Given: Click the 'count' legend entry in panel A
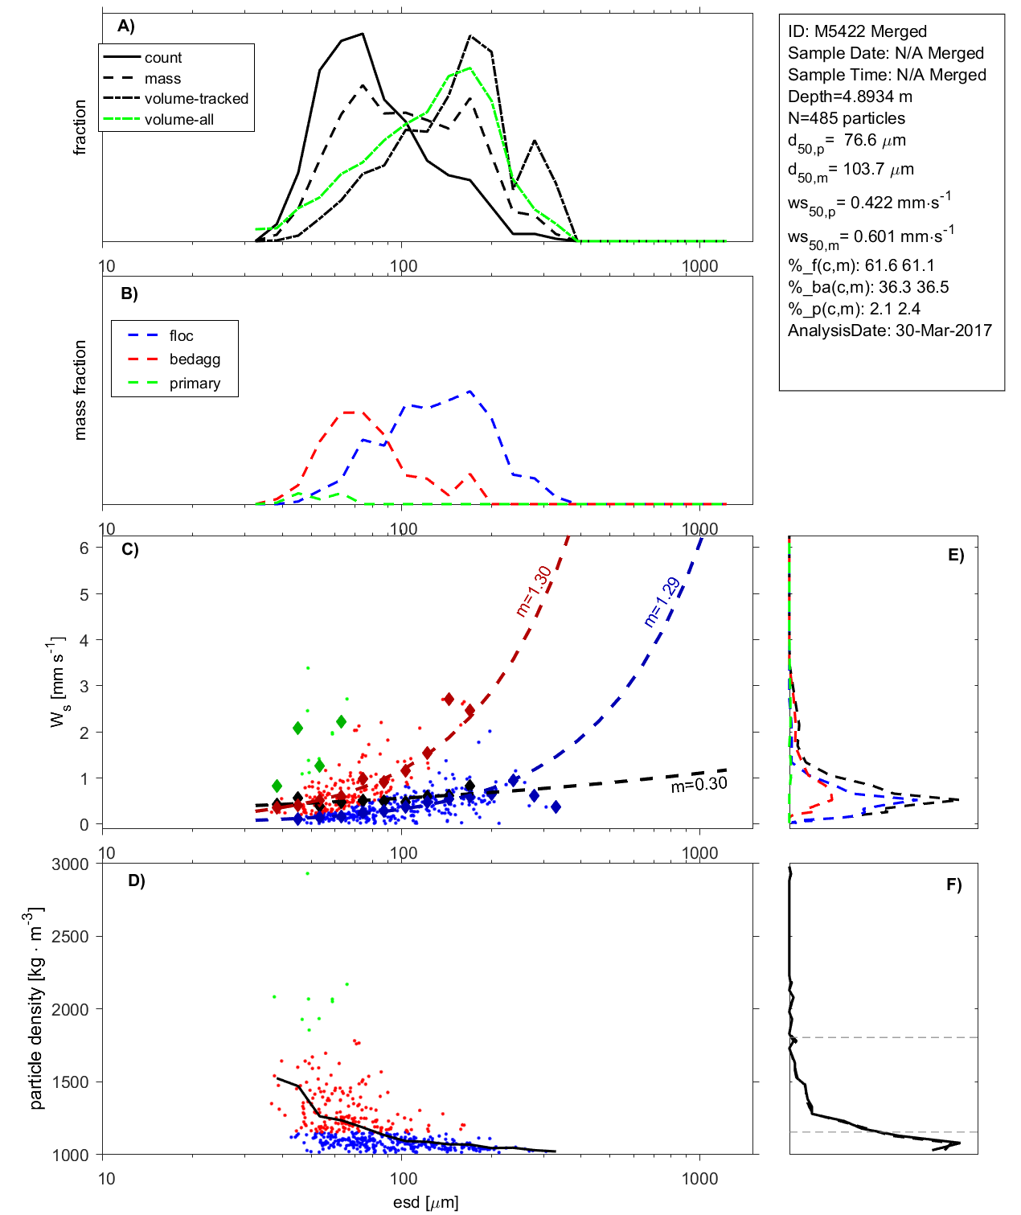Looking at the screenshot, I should point(163,58).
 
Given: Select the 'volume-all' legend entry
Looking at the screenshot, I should point(178,120).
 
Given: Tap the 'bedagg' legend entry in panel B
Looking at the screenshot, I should point(195,359).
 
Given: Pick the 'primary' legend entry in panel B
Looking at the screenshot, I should point(195,384).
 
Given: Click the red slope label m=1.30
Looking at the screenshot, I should point(534,591).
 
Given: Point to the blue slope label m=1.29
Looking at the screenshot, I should point(662,602).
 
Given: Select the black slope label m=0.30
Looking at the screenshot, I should point(699,785).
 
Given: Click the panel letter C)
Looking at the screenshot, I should point(129,550).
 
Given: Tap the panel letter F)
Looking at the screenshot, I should point(953,885).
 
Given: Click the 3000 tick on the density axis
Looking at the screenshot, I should point(70,864).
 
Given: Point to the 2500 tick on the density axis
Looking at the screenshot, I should point(70,937).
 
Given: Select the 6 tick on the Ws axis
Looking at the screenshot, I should point(84,548).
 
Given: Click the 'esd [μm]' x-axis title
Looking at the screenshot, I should point(425,1203).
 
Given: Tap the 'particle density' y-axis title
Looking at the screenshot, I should point(37,1009).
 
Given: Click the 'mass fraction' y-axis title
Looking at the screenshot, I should point(80,390).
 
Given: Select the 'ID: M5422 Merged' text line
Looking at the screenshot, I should point(857,31).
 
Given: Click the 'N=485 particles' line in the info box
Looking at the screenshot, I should point(846,118).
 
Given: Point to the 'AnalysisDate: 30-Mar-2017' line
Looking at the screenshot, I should point(889,330).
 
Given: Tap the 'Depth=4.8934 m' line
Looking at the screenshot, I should point(850,96).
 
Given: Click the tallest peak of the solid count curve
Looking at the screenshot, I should point(363,34).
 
